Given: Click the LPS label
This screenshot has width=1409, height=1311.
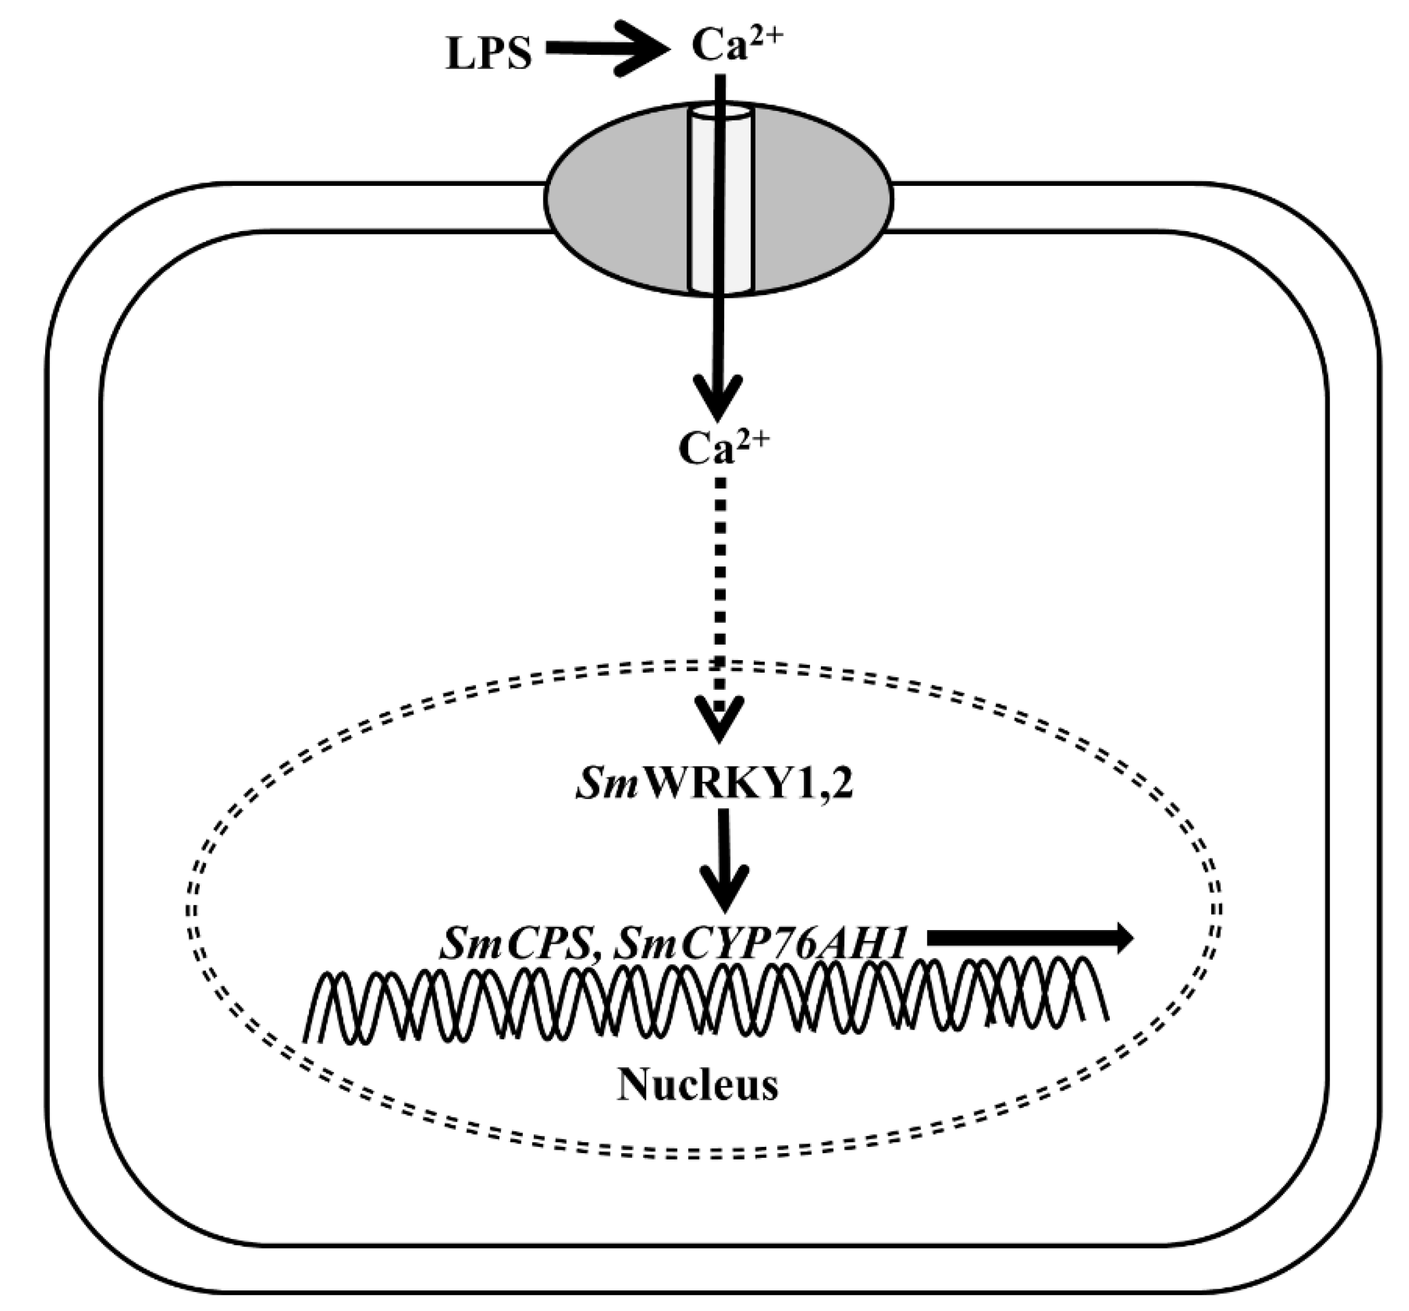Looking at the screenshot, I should [x=489, y=54].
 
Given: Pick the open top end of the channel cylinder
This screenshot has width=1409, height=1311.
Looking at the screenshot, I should [x=720, y=113].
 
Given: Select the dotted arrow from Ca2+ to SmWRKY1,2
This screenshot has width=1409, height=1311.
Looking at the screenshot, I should [x=720, y=588].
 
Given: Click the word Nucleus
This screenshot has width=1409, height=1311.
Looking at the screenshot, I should [x=698, y=1085].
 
